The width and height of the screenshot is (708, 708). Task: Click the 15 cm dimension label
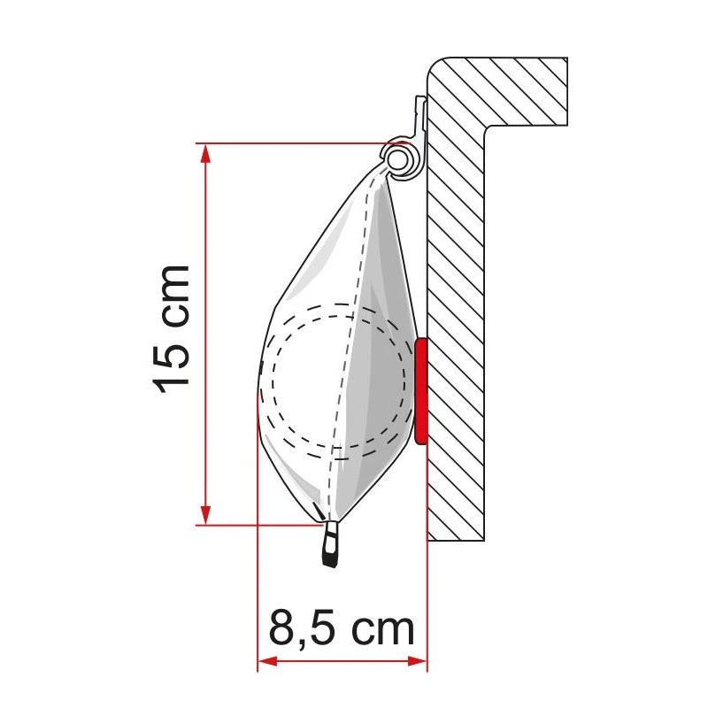[x=171, y=327]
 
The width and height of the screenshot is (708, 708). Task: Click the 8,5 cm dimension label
[x=341, y=628]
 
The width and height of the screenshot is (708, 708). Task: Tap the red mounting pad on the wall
[x=421, y=389]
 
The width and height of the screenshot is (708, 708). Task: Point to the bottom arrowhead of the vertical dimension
[x=206, y=516]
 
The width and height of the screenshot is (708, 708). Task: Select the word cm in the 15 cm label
[x=171, y=294]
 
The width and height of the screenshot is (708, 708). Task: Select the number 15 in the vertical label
[x=171, y=365]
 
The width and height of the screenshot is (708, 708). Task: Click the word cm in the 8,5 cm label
[x=381, y=628]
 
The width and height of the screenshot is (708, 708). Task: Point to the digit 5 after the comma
[x=324, y=628]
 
